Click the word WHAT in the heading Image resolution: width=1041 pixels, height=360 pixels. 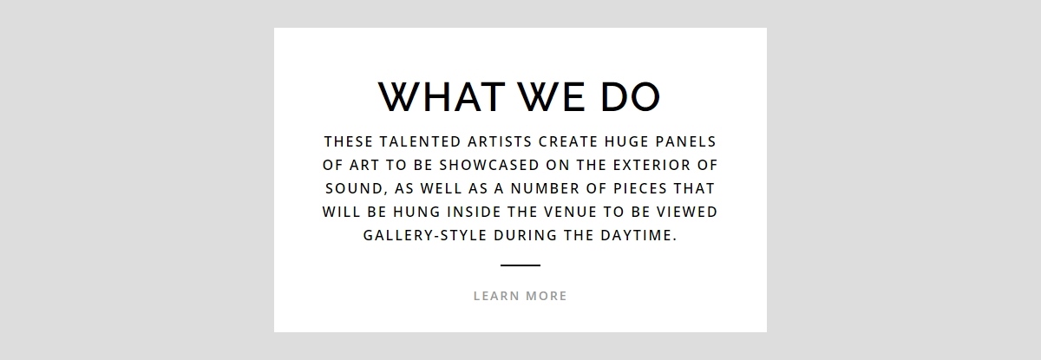click(x=442, y=96)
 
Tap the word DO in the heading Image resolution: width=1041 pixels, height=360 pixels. click(x=630, y=96)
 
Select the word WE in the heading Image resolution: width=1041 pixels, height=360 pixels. click(x=552, y=96)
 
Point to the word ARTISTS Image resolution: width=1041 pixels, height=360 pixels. click(x=500, y=141)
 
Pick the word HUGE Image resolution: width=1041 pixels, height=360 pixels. click(x=626, y=141)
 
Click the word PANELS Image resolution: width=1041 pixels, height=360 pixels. click(x=686, y=141)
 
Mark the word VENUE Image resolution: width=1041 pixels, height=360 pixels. click(x=570, y=212)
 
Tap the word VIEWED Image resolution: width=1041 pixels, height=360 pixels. click(x=687, y=212)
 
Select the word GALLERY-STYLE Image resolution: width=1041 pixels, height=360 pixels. click(x=425, y=235)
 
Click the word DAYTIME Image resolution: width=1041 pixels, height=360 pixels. click(x=638, y=235)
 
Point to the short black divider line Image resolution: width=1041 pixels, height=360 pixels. click(x=520, y=265)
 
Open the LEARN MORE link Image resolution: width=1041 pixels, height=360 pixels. click(x=520, y=296)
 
